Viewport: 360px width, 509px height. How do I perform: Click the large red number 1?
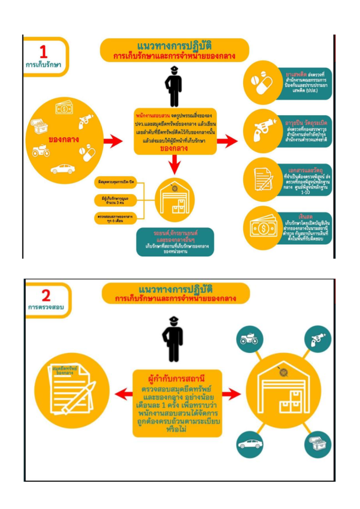(44, 52)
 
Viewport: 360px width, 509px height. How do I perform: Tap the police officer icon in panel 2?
(173, 339)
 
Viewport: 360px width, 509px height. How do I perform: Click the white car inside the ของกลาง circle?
(63, 169)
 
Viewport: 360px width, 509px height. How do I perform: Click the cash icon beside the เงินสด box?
(265, 228)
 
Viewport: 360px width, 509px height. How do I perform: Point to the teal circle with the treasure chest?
(316, 442)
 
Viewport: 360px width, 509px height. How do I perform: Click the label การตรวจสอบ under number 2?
(46, 308)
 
